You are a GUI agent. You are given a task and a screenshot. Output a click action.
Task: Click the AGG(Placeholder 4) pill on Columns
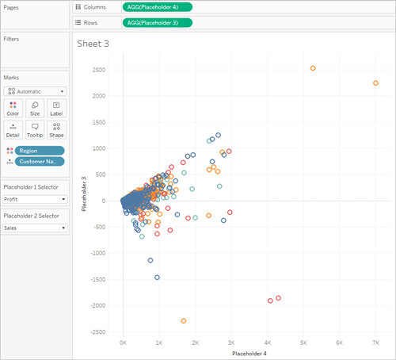158,7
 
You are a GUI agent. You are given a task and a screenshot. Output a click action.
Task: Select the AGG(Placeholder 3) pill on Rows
158,23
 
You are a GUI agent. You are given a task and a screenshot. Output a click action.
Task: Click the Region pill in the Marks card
40,151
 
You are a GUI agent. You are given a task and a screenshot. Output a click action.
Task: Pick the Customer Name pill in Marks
40,162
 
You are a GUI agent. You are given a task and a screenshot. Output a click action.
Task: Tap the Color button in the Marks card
13,109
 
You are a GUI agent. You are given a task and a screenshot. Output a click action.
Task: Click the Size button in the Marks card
35,109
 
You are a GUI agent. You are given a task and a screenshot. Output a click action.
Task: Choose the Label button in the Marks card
56,109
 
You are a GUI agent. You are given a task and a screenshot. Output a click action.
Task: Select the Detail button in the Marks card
13,130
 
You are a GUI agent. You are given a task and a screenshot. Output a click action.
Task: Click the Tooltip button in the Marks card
35,130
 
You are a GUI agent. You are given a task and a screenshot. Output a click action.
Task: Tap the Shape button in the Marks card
56,130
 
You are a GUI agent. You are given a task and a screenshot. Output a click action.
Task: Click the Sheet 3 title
93,44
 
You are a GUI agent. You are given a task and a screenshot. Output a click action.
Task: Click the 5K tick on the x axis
303,343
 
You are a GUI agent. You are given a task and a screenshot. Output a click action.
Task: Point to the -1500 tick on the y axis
98,279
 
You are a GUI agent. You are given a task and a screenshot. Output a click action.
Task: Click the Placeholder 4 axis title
249,354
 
